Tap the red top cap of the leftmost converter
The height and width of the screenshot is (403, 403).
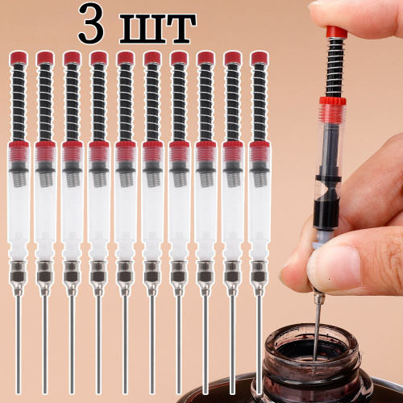pyautogui.click(x=19, y=57)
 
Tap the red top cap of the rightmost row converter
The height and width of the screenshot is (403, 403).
pyautogui.click(x=259, y=57)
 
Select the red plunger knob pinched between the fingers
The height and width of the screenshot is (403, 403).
pyautogui.click(x=337, y=31)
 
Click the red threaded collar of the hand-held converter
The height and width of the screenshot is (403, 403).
pyautogui.click(x=332, y=102)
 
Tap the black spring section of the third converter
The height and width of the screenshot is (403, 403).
pyautogui.click(x=72, y=102)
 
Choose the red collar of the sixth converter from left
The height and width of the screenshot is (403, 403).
pyautogui.click(x=152, y=145)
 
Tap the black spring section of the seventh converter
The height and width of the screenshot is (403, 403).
pyautogui.click(x=179, y=102)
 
